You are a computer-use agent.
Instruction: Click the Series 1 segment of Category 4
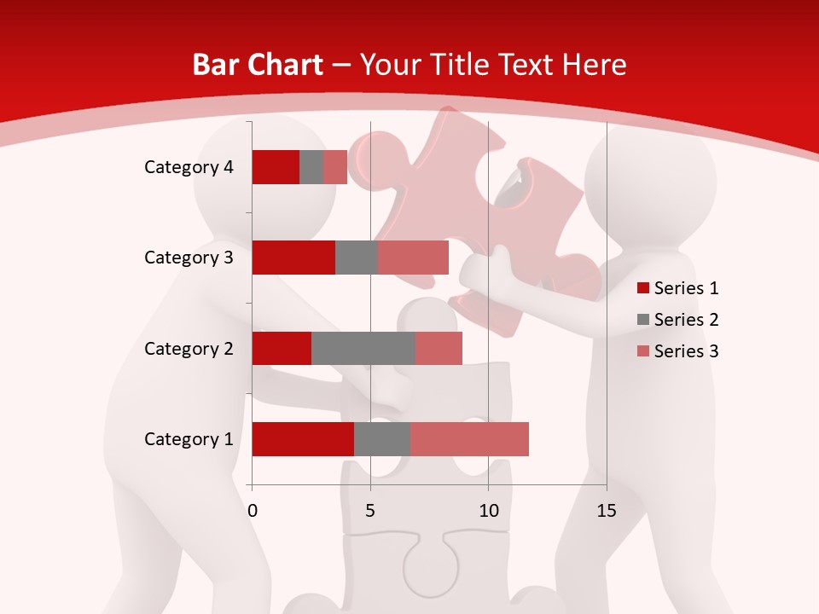point(276,167)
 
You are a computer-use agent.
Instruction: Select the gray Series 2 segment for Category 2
point(363,348)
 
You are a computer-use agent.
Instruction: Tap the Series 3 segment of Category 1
point(469,439)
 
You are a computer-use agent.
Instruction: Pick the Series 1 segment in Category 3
point(293,258)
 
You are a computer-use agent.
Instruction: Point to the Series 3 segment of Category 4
point(335,167)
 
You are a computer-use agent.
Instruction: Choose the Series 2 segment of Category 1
point(382,439)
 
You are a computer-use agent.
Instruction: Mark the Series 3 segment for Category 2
point(439,348)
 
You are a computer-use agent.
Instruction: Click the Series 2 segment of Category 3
point(357,258)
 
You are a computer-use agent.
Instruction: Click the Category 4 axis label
point(189,167)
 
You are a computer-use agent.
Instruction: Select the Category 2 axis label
point(189,348)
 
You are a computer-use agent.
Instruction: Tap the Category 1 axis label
point(189,439)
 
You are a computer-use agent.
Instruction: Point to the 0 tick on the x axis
point(253,511)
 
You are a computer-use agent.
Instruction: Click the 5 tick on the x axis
point(370,511)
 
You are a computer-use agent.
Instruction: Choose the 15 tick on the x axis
point(606,511)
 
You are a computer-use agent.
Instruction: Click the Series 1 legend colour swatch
point(643,288)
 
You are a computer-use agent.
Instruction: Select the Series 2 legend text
point(686,320)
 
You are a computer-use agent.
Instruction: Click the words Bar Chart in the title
point(258,65)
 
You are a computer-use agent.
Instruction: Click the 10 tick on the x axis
point(488,511)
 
